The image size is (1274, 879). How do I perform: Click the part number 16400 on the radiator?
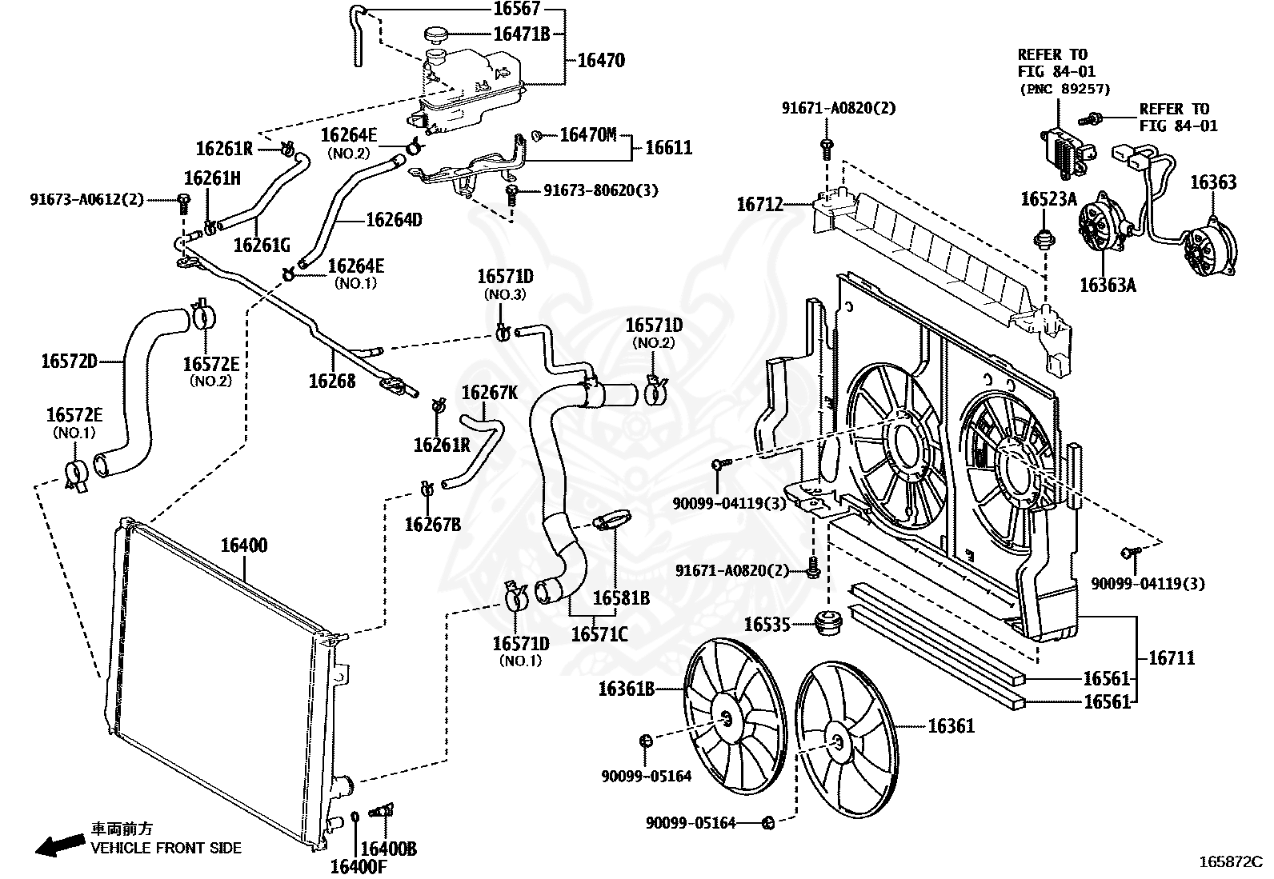click(244, 545)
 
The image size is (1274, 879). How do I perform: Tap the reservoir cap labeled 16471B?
click(436, 34)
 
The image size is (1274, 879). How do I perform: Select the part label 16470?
click(601, 60)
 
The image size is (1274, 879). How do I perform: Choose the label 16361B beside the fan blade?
click(626, 689)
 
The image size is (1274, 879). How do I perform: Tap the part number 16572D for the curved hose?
click(70, 361)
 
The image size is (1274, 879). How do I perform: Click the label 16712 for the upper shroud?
click(760, 204)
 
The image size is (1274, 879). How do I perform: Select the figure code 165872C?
click(1231, 862)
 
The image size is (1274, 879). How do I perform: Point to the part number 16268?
click(332, 381)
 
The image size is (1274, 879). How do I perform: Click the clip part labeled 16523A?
click(1045, 238)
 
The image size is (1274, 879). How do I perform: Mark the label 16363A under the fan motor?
click(1108, 285)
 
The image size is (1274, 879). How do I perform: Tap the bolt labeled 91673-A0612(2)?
click(183, 203)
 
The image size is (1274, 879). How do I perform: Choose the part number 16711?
click(1172, 657)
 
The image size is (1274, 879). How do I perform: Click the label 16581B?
click(621, 598)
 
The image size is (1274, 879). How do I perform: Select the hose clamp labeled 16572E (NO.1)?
click(76, 476)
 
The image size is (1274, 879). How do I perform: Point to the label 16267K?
click(489, 393)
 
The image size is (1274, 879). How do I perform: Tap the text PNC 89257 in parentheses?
click(1064, 89)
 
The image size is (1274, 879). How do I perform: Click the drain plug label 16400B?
click(388, 849)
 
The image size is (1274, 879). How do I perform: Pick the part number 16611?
click(669, 148)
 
